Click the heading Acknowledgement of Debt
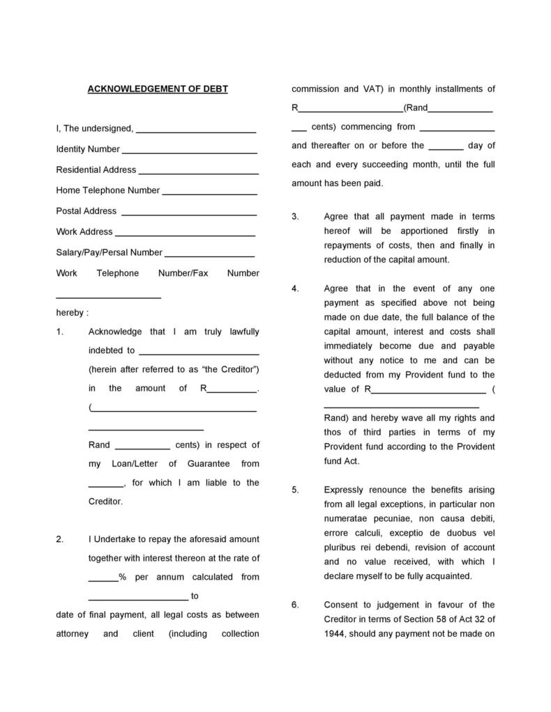[x=157, y=89]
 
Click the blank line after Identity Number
[x=190, y=152]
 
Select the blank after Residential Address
[x=198, y=173]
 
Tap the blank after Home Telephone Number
[x=209, y=194]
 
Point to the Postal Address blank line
[x=189, y=214]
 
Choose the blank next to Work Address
[x=185, y=235]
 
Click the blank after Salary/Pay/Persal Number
[x=210, y=256]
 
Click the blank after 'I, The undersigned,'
[x=196, y=132]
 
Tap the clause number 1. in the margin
[x=60, y=332]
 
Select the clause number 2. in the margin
[x=60, y=539]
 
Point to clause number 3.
[x=295, y=217]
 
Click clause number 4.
[x=295, y=288]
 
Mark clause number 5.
[x=295, y=490]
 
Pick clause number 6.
[x=295, y=605]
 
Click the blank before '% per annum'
[x=103, y=580]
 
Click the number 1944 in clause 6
[x=334, y=634]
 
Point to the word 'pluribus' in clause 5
[x=340, y=547]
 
